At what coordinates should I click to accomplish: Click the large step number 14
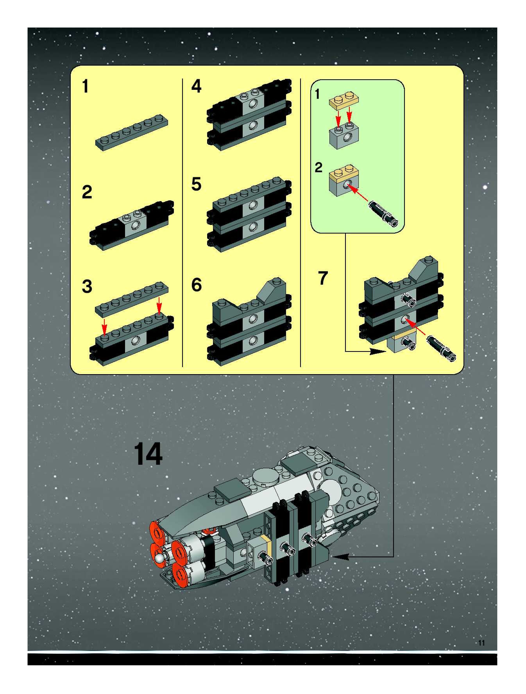(x=148, y=454)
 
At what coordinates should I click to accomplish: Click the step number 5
(x=196, y=184)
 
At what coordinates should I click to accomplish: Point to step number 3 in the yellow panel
(x=87, y=286)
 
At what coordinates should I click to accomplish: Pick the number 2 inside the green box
(x=318, y=168)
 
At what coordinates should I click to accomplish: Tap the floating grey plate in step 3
(x=131, y=298)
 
